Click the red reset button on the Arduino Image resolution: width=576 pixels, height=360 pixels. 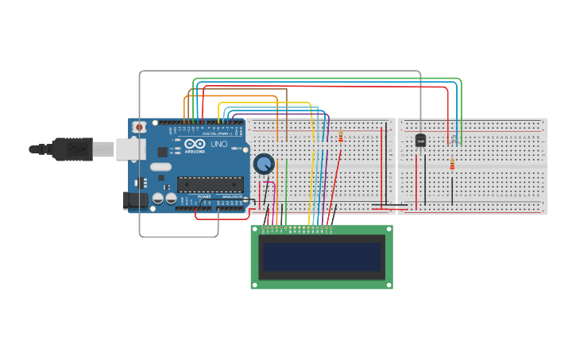pyautogui.click(x=139, y=126)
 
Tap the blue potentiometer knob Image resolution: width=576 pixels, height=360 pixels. pyautogui.click(x=264, y=164)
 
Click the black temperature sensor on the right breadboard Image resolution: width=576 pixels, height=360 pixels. pyautogui.click(x=421, y=141)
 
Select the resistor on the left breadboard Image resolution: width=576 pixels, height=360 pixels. pyautogui.click(x=341, y=137)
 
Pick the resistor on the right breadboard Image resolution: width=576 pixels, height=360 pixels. pyautogui.click(x=452, y=165)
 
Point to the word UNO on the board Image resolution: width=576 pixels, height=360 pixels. pyautogui.click(x=219, y=145)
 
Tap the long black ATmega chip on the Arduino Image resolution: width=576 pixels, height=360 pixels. pyautogui.click(x=210, y=184)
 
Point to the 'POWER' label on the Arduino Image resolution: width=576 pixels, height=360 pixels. pyautogui.click(x=204, y=196)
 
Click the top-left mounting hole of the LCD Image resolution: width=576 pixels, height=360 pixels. pyautogui.click(x=255, y=229)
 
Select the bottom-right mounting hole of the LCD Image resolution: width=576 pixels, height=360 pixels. pyautogui.click(x=389, y=285)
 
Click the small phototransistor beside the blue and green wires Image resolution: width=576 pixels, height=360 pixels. pyautogui.click(x=454, y=141)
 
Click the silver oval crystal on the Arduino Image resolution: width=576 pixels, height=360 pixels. pyautogui.click(x=160, y=167)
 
